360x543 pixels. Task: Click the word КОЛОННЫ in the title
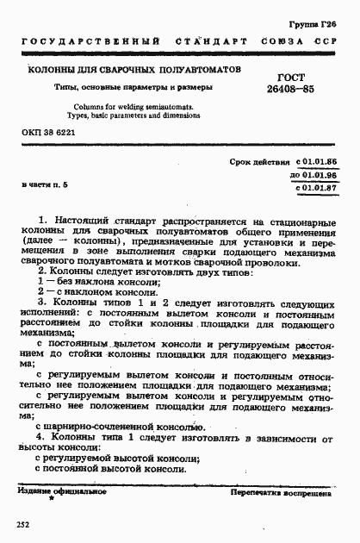tap(53, 68)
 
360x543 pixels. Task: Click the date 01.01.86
tap(316, 162)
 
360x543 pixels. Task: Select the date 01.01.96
tap(316, 174)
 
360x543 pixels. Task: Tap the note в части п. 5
tap(44, 185)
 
